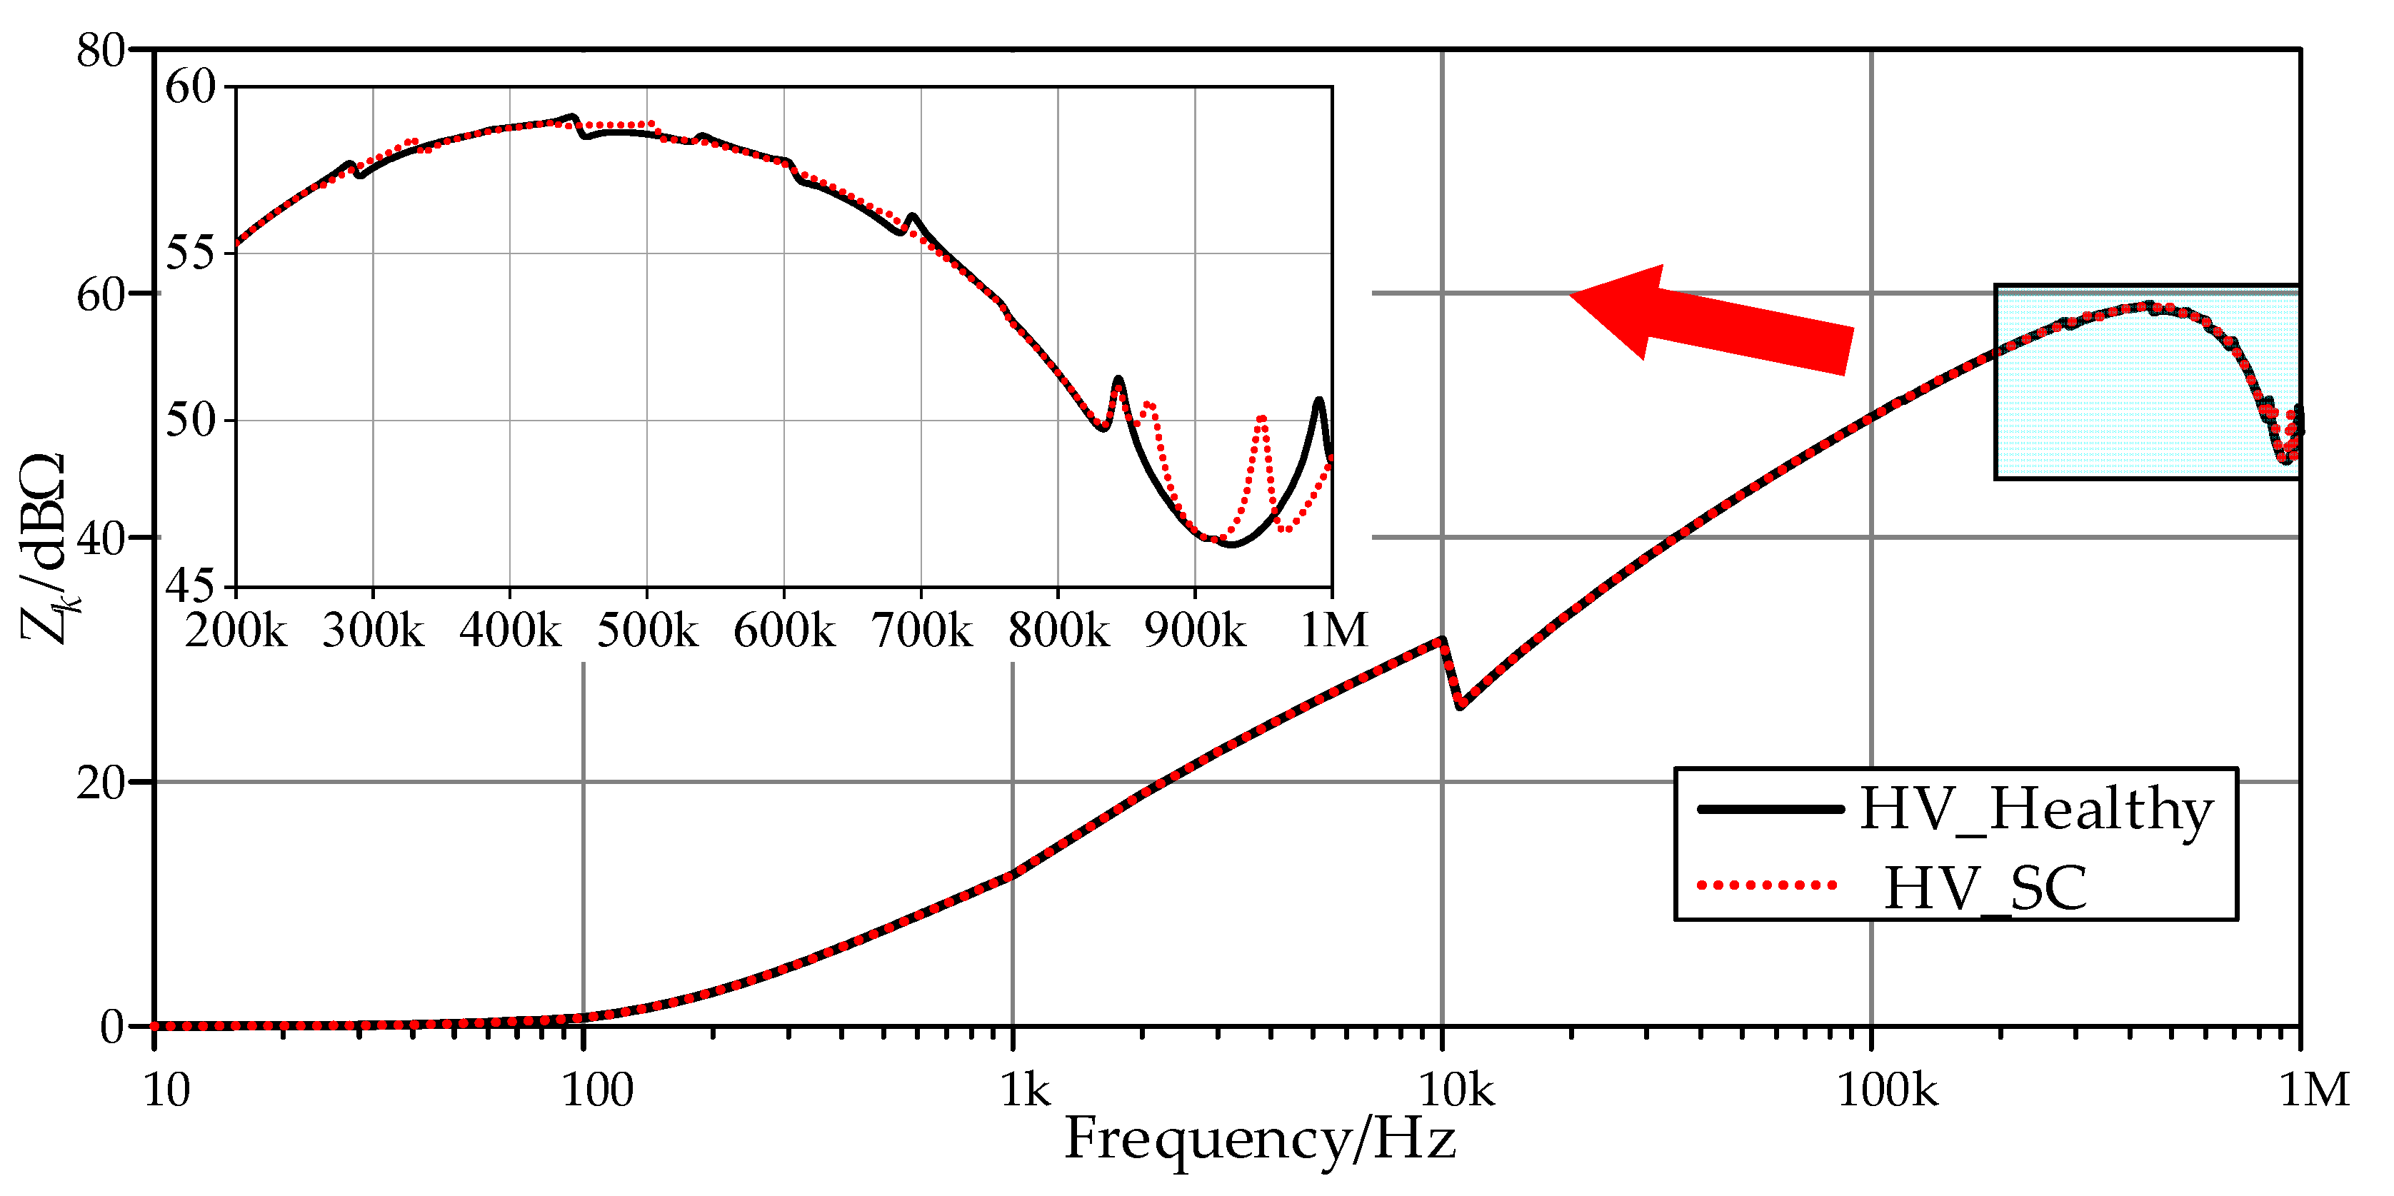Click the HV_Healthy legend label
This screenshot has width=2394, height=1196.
(2035, 810)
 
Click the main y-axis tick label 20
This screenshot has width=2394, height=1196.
(101, 783)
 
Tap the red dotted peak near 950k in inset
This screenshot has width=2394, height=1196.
(1261, 419)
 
